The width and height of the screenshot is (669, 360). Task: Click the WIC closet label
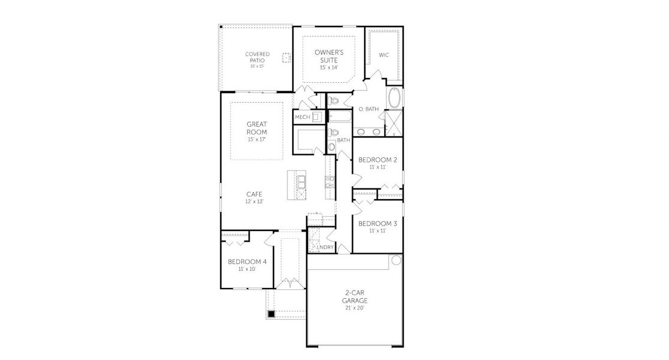pos(383,55)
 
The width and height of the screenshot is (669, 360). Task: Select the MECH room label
pos(302,117)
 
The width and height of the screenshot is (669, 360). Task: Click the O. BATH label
pos(368,109)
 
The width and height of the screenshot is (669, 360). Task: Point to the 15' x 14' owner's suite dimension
pos(328,67)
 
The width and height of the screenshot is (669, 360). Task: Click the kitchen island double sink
pos(301,181)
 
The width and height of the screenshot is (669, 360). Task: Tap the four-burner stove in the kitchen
pos(329,182)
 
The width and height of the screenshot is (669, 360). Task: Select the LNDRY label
pos(325,247)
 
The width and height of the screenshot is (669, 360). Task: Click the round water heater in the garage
pos(395,260)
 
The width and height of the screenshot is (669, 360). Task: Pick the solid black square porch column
pos(271,314)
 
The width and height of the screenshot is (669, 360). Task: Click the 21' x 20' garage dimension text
pos(355,307)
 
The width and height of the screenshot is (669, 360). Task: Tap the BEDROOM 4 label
pos(247,262)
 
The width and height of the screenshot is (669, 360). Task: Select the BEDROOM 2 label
pos(377,160)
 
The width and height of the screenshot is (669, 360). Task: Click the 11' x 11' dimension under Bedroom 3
pos(377,230)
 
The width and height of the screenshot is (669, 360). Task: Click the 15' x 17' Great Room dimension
pos(256,139)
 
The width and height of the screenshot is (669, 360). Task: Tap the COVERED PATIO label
pos(257,57)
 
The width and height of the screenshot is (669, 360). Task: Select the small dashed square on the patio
pos(287,58)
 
